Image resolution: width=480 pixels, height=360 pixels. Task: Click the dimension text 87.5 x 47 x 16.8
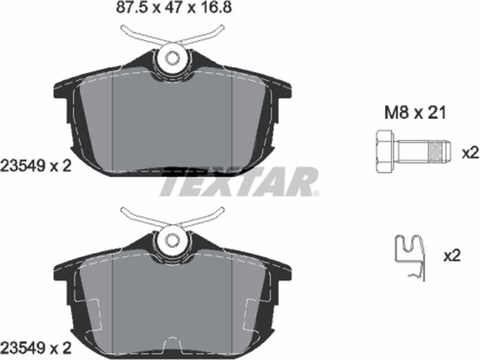coord(174,7)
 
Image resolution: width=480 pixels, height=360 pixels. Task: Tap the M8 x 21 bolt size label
coord(415,113)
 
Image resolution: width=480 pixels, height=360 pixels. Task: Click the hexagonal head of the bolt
coord(384,151)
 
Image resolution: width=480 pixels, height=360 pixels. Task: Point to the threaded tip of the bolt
coord(441,151)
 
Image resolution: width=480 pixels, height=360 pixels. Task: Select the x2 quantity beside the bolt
coord(470,153)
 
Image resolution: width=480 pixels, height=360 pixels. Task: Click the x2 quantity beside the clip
coord(452,255)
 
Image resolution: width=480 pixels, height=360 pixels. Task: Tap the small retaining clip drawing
coord(410,257)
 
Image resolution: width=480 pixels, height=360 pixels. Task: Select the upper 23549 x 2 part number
coord(36,166)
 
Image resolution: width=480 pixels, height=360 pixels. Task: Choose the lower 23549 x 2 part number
coord(36,349)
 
